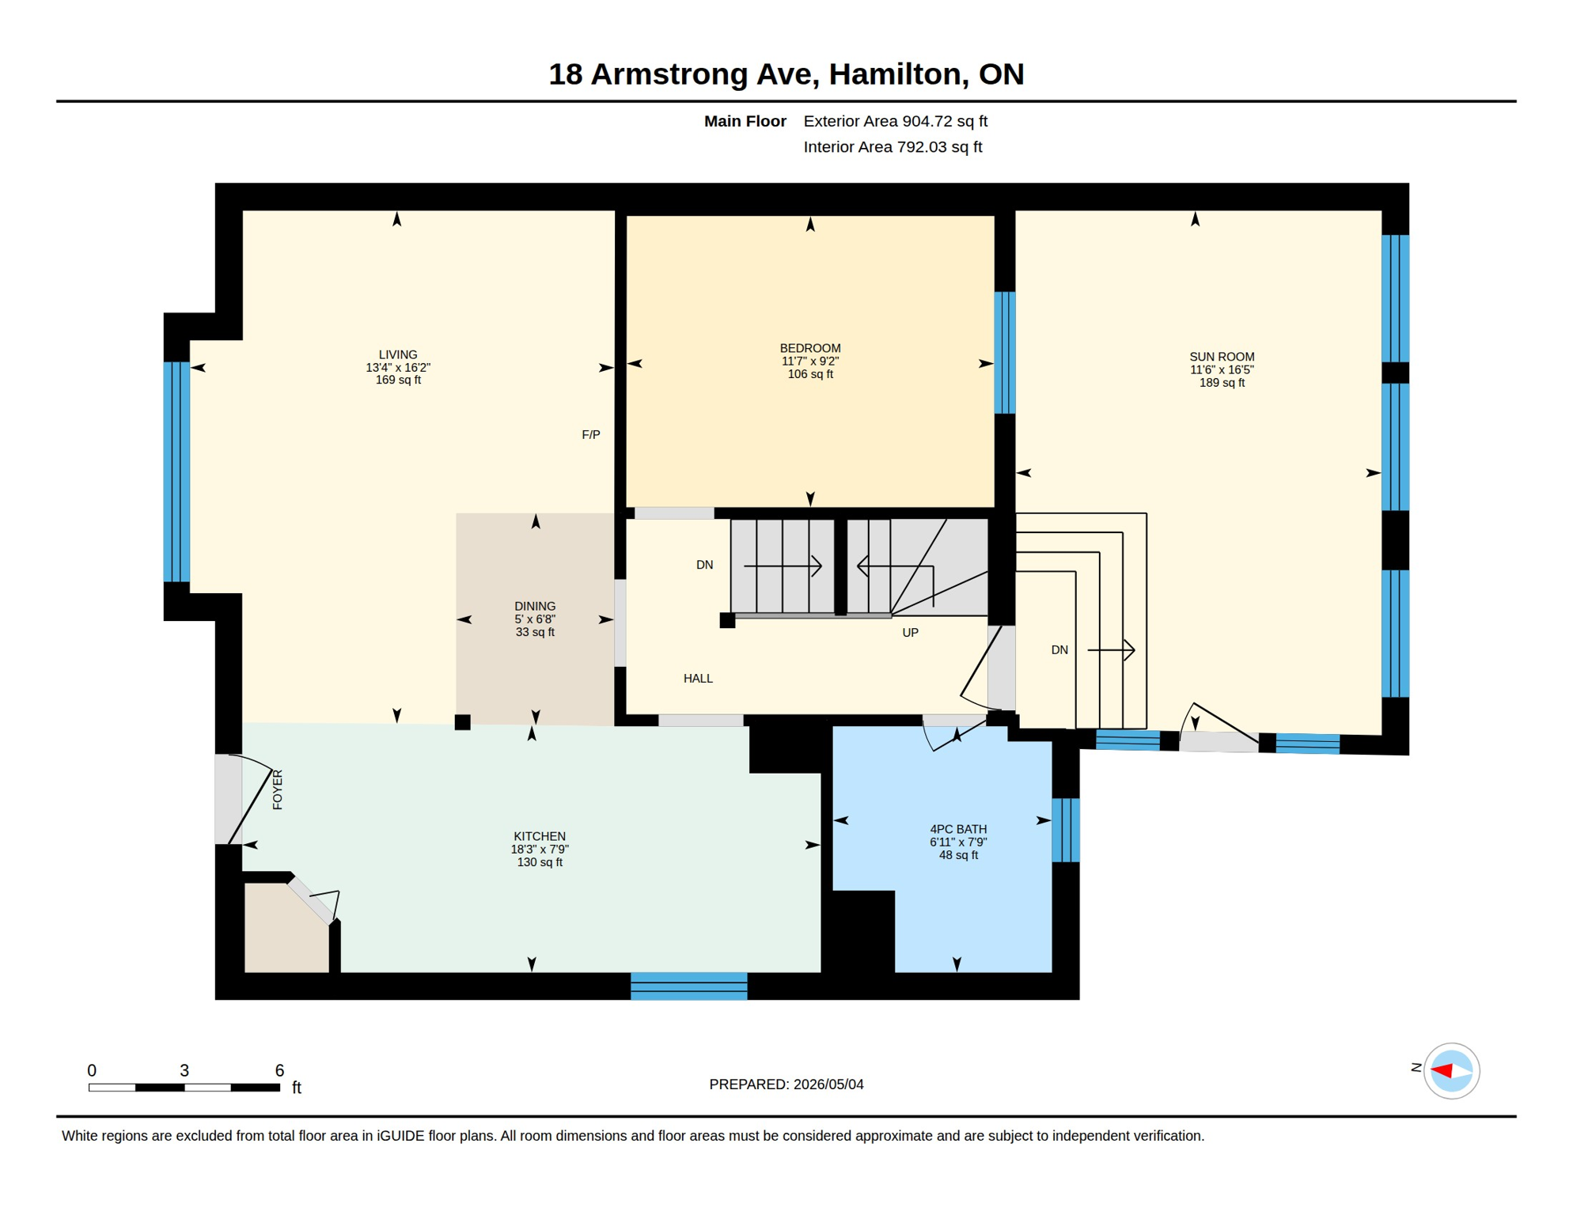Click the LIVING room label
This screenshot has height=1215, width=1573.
coord(398,355)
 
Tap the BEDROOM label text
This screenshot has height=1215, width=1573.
coord(810,348)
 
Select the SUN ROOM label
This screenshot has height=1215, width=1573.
coord(1222,357)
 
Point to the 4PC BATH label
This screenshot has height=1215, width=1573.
coord(958,829)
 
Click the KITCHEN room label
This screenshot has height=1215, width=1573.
coord(540,836)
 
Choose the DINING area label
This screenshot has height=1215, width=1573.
coord(535,606)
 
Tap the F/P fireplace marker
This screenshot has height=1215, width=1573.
coord(591,434)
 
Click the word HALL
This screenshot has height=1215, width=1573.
coord(698,678)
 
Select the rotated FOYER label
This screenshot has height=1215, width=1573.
coord(277,789)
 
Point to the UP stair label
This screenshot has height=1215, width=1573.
coord(910,632)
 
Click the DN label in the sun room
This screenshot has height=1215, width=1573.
coord(1059,649)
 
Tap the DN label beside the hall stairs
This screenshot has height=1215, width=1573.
coord(704,564)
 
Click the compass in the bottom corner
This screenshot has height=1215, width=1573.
coord(1451,1071)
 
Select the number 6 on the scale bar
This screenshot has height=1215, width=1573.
coord(279,1070)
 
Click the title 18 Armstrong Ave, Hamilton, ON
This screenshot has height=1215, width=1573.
coord(786,74)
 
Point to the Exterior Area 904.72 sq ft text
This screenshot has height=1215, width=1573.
coord(896,121)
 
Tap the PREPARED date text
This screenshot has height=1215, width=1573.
coord(786,1084)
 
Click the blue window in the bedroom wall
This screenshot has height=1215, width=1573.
coord(1005,352)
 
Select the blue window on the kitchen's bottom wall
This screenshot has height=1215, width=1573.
coord(689,986)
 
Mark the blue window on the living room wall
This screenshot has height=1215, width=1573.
coord(176,471)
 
